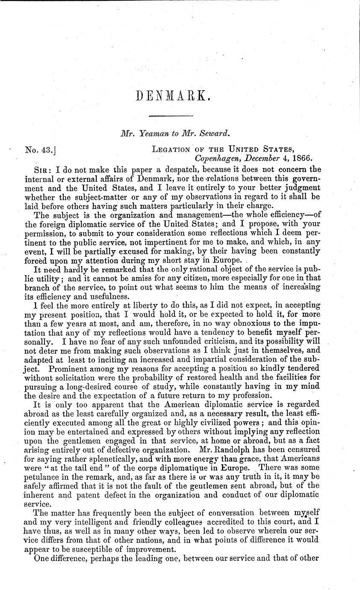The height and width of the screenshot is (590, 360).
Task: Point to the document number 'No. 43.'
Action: click(x=41, y=150)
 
